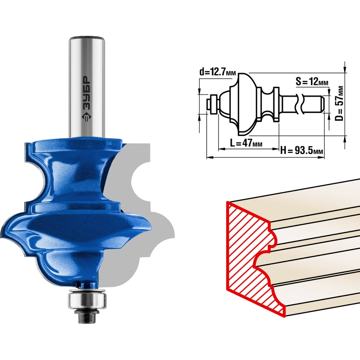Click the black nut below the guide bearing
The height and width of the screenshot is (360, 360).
coord(87,316)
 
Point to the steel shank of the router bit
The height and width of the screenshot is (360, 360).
coord(87,87)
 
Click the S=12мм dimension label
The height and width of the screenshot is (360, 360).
coord(312,81)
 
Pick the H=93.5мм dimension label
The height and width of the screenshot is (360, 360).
coord(302,150)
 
